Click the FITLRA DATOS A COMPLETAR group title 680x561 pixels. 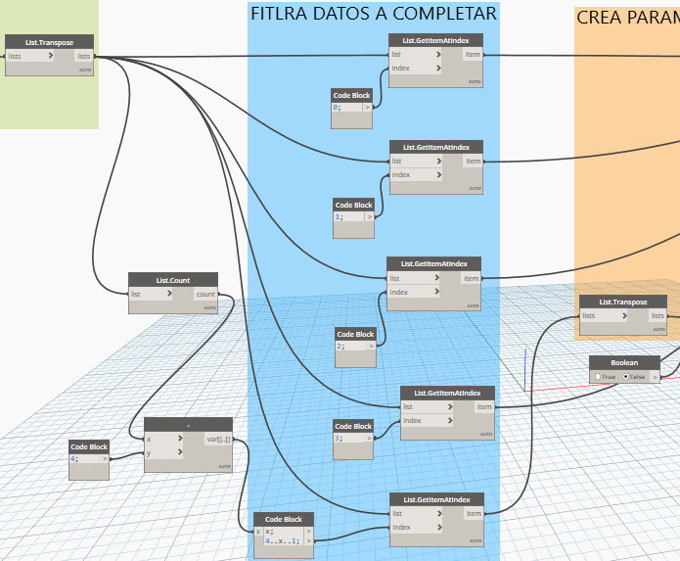point(373,14)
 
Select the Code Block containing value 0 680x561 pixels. point(352,96)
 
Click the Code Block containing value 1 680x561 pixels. point(353,206)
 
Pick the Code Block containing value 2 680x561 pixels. point(355,334)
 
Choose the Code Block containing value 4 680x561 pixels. point(88,446)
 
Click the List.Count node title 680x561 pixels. point(173,280)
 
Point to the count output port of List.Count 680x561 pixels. point(205,294)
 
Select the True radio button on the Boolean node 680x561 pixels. point(598,376)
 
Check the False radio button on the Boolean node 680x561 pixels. point(626,376)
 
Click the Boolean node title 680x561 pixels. point(623,362)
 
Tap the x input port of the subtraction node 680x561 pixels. point(162,440)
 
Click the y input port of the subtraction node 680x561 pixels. point(162,452)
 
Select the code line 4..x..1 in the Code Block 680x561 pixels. point(284,539)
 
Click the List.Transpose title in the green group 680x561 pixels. point(49,42)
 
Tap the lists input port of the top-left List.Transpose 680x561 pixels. point(29,57)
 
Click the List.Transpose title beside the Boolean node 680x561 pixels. point(623,302)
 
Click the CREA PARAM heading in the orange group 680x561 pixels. point(626,18)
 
